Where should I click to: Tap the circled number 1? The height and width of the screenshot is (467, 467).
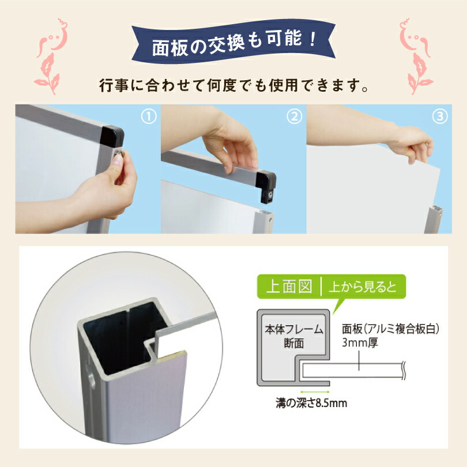point(149,117)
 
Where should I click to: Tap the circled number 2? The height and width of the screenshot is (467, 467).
point(295,117)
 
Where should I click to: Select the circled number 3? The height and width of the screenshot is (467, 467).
point(440,117)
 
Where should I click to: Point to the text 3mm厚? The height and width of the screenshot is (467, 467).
point(357,344)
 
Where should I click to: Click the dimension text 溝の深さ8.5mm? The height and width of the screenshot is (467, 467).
point(311,402)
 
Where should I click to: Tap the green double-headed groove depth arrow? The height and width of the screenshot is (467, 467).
point(311,390)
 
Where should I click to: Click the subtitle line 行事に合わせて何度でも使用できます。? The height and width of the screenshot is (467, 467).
point(233,88)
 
